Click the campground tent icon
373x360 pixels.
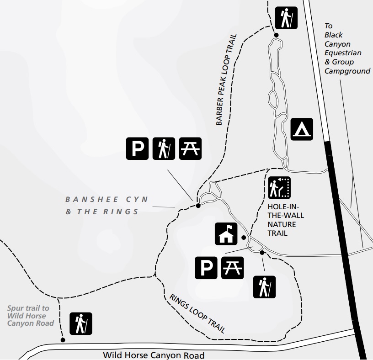(x=302, y=129)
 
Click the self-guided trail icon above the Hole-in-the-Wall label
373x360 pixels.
(x=279, y=188)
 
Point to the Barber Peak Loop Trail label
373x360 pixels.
(x=228, y=79)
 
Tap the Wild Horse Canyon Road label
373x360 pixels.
(x=154, y=355)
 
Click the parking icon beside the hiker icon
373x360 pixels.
(x=138, y=149)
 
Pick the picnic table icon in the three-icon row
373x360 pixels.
(x=190, y=149)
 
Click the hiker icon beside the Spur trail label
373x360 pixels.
(x=81, y=323)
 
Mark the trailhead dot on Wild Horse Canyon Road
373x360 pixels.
(x=63, y=340)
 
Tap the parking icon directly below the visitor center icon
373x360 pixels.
(x=207, y=268)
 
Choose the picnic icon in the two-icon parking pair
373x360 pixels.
(x=233, y=268)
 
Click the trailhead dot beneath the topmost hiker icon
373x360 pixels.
(x=276, y=35)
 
